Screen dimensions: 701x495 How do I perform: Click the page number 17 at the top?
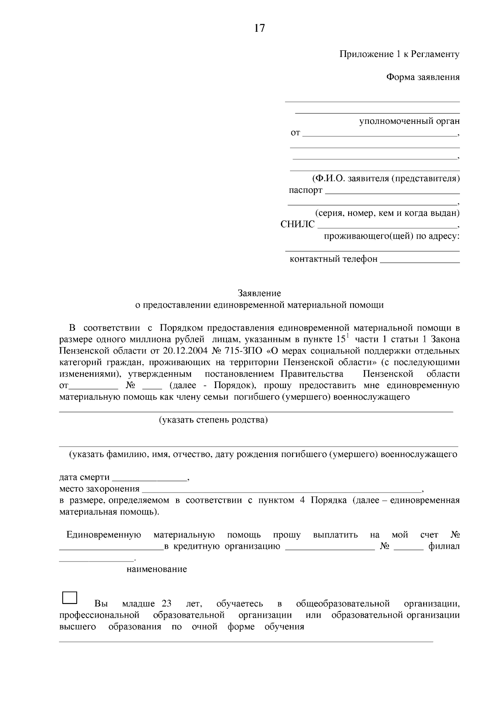point(259,28)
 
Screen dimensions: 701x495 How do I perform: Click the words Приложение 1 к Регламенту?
point(399,54)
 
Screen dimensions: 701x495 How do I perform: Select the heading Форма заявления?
point(423,77)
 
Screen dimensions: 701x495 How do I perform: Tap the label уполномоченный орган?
point(409,121)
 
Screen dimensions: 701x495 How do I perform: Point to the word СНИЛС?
point(297,225)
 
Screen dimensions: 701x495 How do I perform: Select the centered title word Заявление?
point(259,293)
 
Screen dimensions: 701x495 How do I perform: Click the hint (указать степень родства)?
point(213,420)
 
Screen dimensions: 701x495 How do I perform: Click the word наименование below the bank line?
point(156,569)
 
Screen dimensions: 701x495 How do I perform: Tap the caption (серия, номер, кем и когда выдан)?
point(387,213)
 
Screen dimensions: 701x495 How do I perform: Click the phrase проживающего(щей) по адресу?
point(391,237)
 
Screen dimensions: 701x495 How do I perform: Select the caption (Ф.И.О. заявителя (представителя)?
point(386,179)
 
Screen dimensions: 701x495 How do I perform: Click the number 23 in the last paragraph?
point(167,604)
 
